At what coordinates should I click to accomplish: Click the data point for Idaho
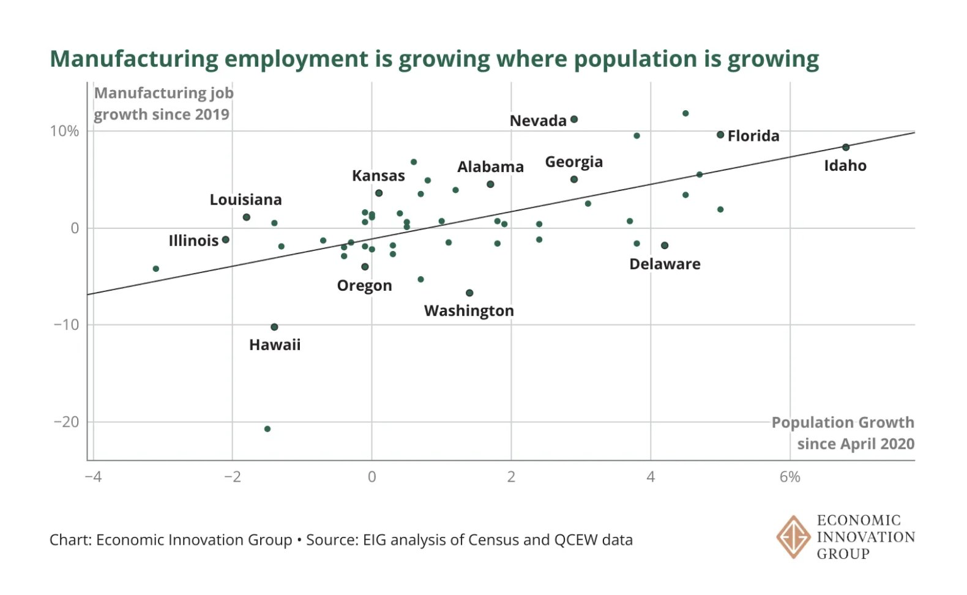coord(846,148)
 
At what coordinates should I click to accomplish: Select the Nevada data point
coord(574,119)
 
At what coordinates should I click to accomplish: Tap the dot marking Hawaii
coord(274,327)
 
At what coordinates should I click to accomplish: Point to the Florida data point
coord(720,135)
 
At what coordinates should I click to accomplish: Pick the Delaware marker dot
coord(665,245)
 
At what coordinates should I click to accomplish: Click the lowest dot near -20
coord(267,429)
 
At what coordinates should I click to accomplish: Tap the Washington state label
coord(469,311)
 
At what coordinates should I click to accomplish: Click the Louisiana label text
coord(245,200)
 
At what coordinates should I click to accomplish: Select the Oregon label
coord(364,285)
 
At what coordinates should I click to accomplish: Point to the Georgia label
coord(573,162)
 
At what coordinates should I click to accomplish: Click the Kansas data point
coord(379,193)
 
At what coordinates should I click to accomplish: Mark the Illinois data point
coord(225,240)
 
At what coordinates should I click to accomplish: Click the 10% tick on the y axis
coord(64,131)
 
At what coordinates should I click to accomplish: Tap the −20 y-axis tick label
coord(66,422)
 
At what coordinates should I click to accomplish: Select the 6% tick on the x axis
coord(790,477)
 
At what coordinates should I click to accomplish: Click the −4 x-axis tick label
coord(93,477)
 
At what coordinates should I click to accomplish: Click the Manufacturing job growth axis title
coord(163,103)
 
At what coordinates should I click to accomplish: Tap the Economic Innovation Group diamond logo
coord(793,537)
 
